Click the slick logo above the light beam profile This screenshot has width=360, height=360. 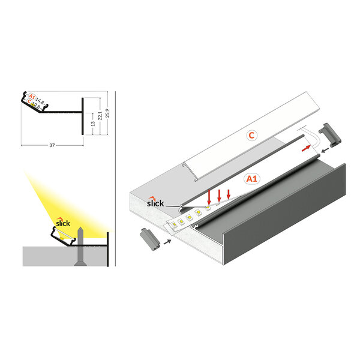[62, 223]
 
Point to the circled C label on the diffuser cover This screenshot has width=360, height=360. [253, 135]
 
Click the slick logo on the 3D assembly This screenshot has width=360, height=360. [155, 203]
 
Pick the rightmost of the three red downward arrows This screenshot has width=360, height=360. [229, 194]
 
